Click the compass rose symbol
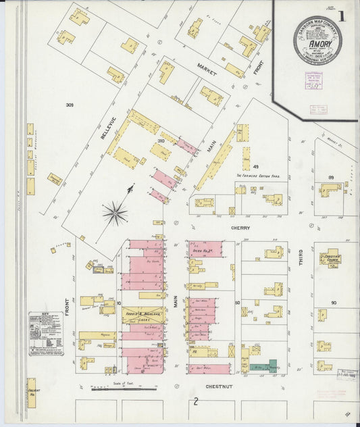115,214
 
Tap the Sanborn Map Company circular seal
317,40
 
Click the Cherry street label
240,228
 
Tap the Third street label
301,256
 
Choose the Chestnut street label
219,387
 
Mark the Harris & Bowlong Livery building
143,315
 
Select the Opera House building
205,249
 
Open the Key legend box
46,334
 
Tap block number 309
69,105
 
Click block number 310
161,140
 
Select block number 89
331,176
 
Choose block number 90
332,302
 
